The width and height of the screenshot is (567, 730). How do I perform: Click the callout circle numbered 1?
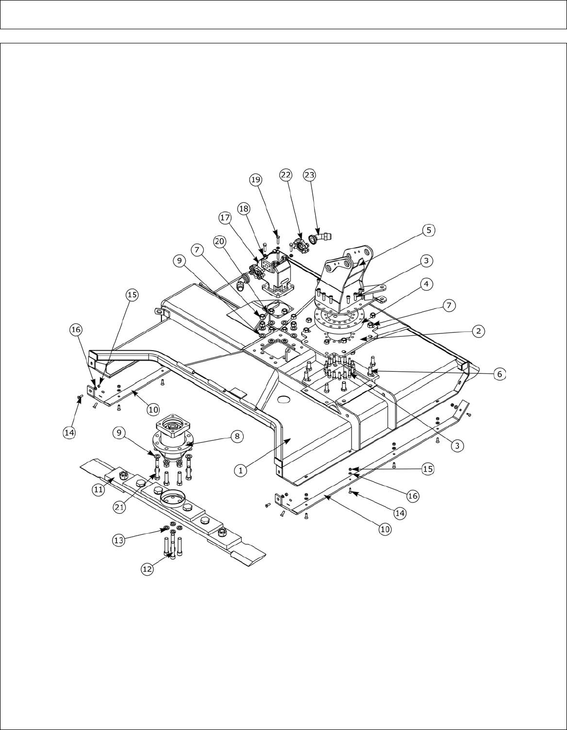241,469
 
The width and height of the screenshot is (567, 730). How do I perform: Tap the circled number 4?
426,285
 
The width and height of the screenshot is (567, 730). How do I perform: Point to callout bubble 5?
428,230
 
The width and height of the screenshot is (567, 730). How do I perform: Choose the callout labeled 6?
499,374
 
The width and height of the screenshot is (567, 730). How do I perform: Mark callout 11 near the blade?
98,488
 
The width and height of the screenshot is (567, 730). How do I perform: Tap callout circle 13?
119,540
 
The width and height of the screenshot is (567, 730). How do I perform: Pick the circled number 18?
244,209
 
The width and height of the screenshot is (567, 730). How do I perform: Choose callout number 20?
219,242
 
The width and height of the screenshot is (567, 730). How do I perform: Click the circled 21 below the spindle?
119,507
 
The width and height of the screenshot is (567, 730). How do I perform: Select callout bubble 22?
287,174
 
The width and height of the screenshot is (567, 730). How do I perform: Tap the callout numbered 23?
309,175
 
